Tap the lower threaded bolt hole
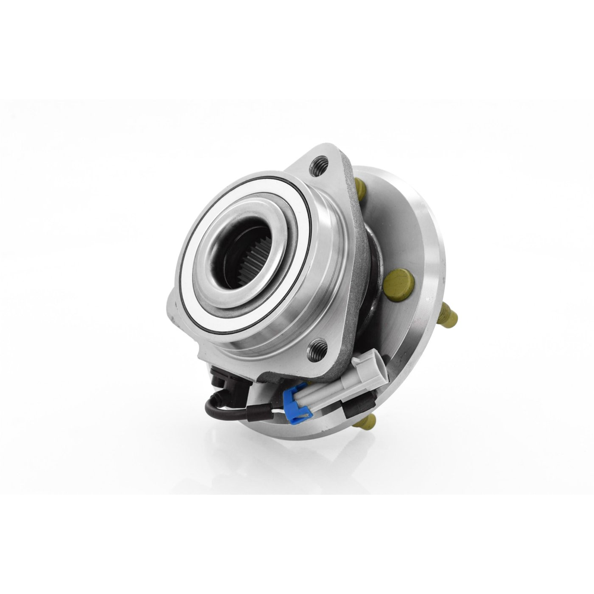pyautogui.click(x=317, y=349)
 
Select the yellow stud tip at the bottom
pyautogui.click(x=365, y=423)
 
